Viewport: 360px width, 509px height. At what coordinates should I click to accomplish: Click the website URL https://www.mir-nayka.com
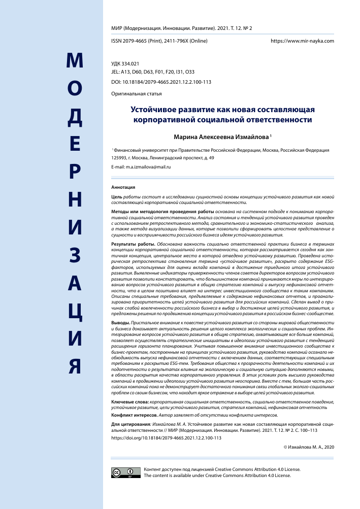tap(302, 40)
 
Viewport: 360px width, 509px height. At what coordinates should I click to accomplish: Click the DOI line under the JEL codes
tap(161, 82)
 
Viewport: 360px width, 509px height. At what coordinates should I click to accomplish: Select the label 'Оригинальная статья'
tap(136, 94)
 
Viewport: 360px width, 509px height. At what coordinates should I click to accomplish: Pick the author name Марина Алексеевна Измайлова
tap(221, 136)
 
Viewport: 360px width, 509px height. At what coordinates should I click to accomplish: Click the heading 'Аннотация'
tap(123, 187)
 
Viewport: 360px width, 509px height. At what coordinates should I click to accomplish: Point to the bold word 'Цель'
tap(116, 196)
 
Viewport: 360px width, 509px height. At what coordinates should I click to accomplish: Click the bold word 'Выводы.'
tap(120, 323)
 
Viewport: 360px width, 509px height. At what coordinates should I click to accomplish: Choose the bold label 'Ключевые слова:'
tap(129, 402)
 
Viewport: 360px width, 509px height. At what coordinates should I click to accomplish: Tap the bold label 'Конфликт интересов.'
tap(133, 414)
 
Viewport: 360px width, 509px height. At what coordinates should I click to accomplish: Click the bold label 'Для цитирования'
tap(129, 423)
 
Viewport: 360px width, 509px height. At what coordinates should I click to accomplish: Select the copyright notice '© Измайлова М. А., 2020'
tap(308, 447)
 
